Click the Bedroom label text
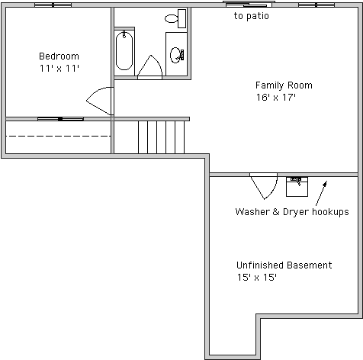coord(59,56)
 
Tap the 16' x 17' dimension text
coord(276,97)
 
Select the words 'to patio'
coord(251,16)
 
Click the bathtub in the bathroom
coord(124,50)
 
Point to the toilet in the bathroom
coord(175,18)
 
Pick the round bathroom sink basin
coord(175,55)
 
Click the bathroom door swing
coord(150,66)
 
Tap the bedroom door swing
coord(100,101)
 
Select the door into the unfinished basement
coord(264,185)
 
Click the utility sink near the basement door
coord(297,187)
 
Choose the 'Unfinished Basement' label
coord(284,265)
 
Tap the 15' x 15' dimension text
coord(257,277)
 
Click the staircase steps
coord(161,137)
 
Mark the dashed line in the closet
coord(58,137)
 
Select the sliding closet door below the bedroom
coord(60,119)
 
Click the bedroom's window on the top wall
coord(53,5)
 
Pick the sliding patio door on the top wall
coord(249,5)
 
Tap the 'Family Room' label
coord(284,85)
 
